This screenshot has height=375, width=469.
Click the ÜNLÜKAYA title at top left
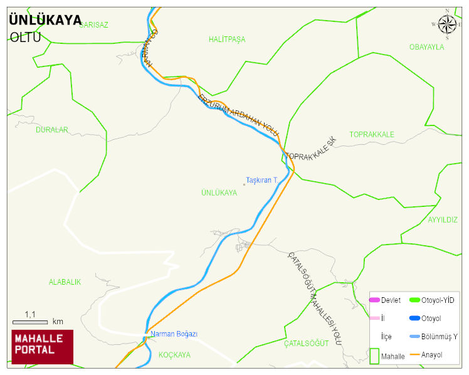(x=45, y=20)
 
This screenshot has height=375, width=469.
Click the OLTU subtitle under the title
(x=25, y=37)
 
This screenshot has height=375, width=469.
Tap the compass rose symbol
(x=447, y=24)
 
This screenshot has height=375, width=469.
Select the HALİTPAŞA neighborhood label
(x=226, y=40)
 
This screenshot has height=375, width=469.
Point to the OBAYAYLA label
(x=426, y=47)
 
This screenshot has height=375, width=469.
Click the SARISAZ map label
(x=93, y=25)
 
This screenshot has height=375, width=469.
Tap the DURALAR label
(x=51, y=130)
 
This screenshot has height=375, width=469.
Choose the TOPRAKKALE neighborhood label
(x=372, y=135)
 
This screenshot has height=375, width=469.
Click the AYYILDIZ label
(x=443, y=220)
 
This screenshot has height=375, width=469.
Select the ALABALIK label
(x=65, y=282)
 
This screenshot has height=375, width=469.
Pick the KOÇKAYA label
(x=174, y=355)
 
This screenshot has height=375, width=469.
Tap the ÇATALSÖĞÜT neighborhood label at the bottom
(x=306, y=344)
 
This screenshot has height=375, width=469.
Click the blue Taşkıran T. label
(x=262, y=181)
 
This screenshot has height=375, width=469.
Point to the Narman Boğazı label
(x=174, y=334)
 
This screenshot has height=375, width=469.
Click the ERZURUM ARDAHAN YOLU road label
(x=238, y=114)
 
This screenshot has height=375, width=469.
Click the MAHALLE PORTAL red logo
(x=43, y=347)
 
